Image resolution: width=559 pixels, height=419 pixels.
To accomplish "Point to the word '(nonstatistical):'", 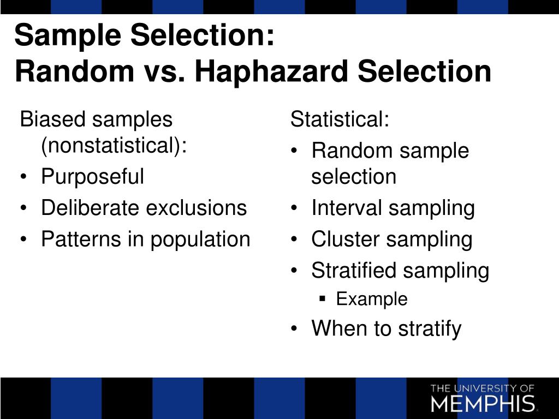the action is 114,146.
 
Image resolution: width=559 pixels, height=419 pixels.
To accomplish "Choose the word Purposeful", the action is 93,177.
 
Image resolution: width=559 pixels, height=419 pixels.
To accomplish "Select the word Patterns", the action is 81,239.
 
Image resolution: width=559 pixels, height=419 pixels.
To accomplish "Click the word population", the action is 200,240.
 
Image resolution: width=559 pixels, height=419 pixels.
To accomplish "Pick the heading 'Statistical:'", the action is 340,119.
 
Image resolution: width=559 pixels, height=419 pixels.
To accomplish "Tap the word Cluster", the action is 346,239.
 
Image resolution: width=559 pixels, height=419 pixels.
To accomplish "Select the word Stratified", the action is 354,270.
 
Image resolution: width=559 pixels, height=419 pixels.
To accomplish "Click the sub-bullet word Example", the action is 372,299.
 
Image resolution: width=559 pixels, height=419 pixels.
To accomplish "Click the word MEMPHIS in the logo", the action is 483,403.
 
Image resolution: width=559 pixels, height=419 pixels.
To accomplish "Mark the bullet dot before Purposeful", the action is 23,177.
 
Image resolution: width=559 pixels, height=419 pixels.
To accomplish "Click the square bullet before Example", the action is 323,298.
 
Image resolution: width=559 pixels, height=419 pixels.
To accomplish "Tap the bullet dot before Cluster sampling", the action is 294,239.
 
